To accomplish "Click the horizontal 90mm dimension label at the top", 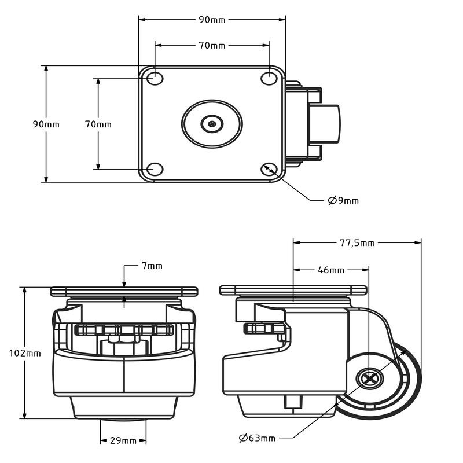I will pyautogui.click(x=212, y=20).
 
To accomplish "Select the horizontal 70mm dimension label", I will pyautogui.click(x=212, y=46).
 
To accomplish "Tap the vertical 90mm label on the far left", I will pyautogui.click(x=46, y=124).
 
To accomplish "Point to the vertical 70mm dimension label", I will pyautogui.click(x=98, y=124).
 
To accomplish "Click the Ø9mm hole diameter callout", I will pyautogui.click(x=343, y=201).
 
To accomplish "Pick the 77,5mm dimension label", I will pyautogui.click(x=357, y=243).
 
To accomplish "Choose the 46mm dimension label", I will pyautogui.click(x=331, y=270).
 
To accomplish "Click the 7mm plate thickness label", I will pyautogui.click(x=152, y=266).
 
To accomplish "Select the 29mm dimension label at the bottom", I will pyautogui.click(x=123, y=440).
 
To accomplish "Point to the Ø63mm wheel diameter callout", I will pyautogui.click(x=258, y=438).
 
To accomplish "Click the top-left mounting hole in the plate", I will pyautogui.click(x=155, y=78).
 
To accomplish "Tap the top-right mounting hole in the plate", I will pyautogui.click(x=269, y=78).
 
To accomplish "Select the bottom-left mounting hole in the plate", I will pyautogui.click(x=155, y=169).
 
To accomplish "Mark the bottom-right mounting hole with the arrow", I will pyautogui.click(x=269, y=169).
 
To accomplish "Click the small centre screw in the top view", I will pyautogui.click(x=212, y=123).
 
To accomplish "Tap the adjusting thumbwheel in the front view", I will pyautogui.click(x=124, y=330).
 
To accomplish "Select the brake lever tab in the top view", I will pyautogui.click(x=327, y=123).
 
